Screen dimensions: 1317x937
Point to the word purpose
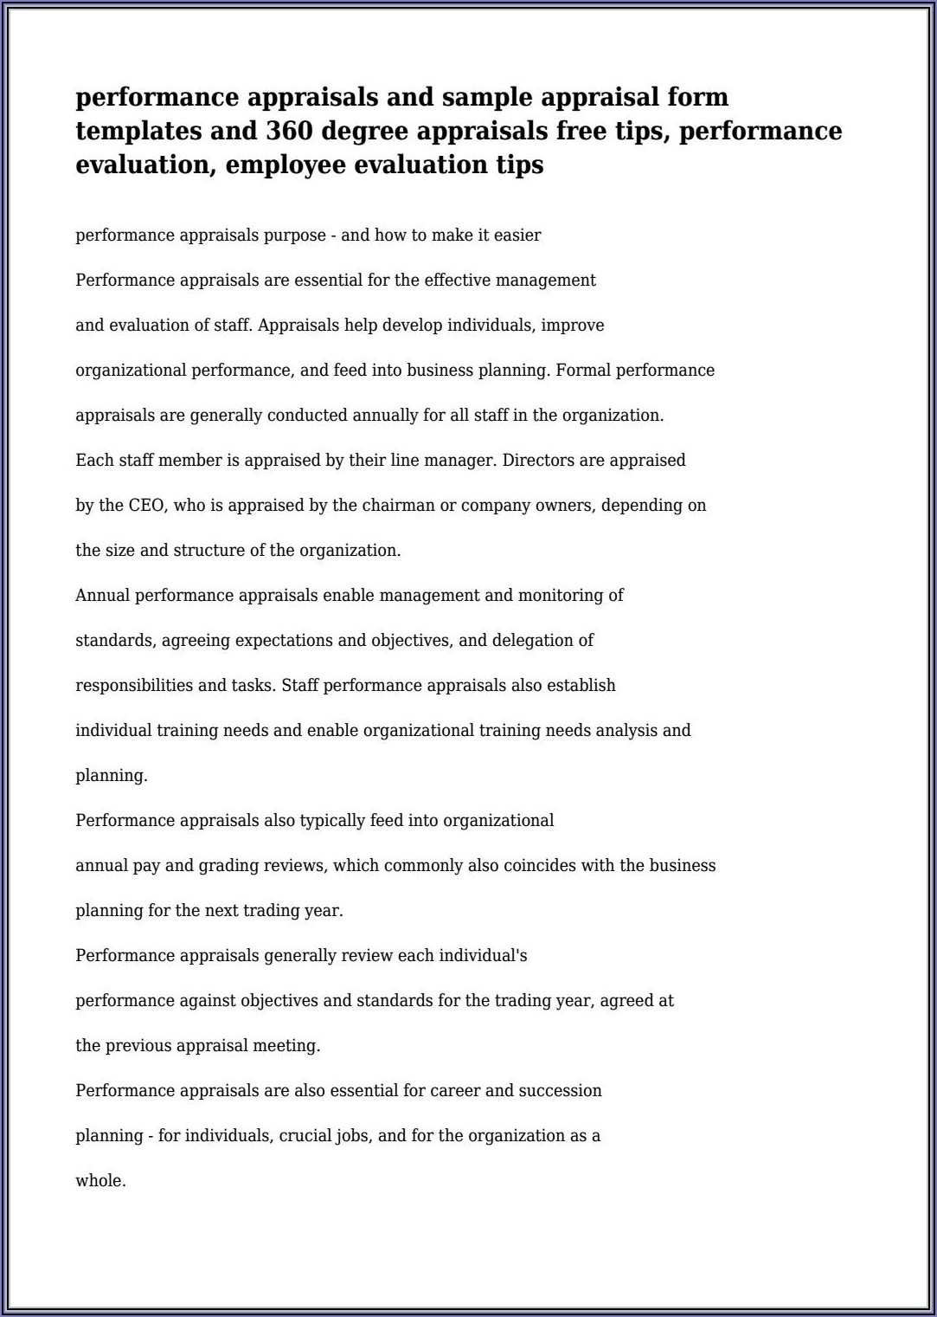(296, 236)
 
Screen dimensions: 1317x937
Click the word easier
(517, 236)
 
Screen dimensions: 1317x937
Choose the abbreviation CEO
(146, 506)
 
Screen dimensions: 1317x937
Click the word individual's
(483, 956)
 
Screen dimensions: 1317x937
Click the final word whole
(100, 1181)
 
